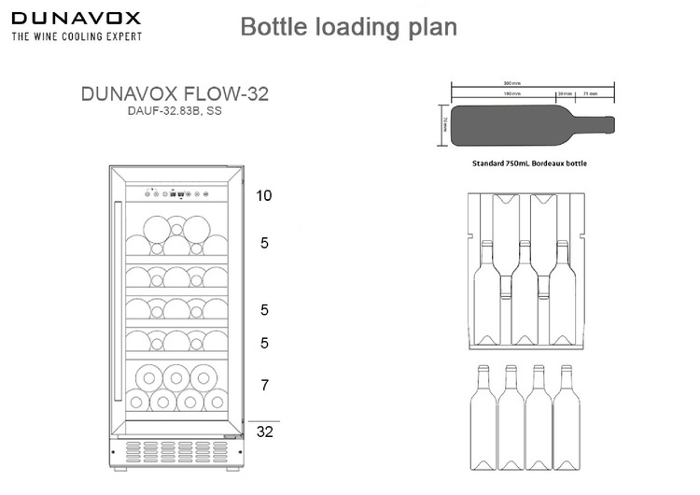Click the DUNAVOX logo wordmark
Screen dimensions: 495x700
coord(76,18)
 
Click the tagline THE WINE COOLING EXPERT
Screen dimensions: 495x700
coord(77,36)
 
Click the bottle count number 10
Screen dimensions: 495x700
coord(264,196)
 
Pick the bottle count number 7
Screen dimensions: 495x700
coord(264,385)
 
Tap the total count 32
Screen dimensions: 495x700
coord(265,432)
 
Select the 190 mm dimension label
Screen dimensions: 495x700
coord(512,94)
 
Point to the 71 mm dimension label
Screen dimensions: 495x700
coord(590,94)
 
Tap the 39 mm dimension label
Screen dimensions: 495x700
coord(564,94)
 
